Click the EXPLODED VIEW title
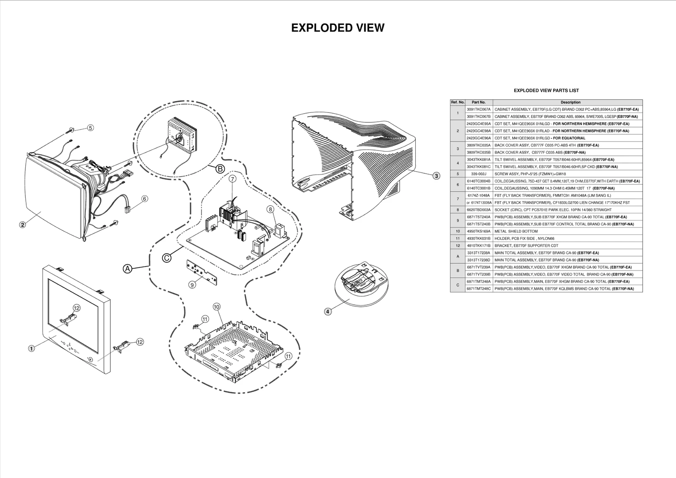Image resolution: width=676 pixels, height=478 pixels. coord(338,28)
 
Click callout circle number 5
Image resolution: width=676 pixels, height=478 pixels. coord(90,128)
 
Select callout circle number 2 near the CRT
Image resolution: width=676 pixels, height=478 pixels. coord(22,224)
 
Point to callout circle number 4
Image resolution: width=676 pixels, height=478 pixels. coord(328,311)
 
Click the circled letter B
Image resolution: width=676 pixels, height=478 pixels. coord(220,169)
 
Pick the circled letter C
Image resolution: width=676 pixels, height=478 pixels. coord(166,257)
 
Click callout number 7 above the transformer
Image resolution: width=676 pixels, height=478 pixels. coord(232,179)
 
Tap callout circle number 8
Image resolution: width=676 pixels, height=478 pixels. coord(270,209)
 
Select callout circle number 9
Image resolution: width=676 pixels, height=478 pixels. coord(192,285)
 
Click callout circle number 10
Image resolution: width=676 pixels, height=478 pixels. coord(216,306)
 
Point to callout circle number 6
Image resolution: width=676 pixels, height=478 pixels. coord(144,198)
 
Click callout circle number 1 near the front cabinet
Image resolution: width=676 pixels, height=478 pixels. coord(31,349)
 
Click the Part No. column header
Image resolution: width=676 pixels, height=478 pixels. coord(479,102)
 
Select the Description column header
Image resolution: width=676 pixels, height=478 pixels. coord(570,102)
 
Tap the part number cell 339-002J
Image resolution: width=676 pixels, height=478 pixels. coord(479,174)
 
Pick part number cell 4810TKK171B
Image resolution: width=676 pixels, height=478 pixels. coord(479,246)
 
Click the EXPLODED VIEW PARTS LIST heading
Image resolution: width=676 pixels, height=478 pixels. coord(546,90)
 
